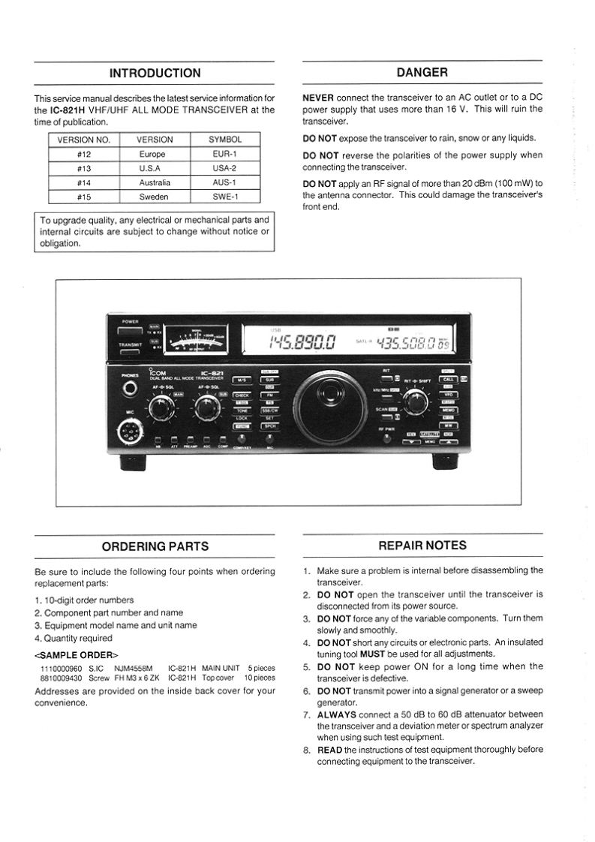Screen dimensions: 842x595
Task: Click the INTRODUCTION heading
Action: (x=155, y=73)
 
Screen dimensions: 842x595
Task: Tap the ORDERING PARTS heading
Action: (x=155, y=546)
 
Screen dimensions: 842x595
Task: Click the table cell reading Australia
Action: (x=155, y=182)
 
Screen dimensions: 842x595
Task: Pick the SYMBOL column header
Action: (x=225, y=140)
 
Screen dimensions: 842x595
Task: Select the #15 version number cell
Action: (x=84, y=197)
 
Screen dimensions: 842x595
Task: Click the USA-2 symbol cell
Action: (x=225, y=168)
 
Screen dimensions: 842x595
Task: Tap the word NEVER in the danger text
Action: (x=318, y=98)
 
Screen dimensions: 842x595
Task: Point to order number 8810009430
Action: (x=60, y=678)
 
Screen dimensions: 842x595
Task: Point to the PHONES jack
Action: (x=131, y=388)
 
